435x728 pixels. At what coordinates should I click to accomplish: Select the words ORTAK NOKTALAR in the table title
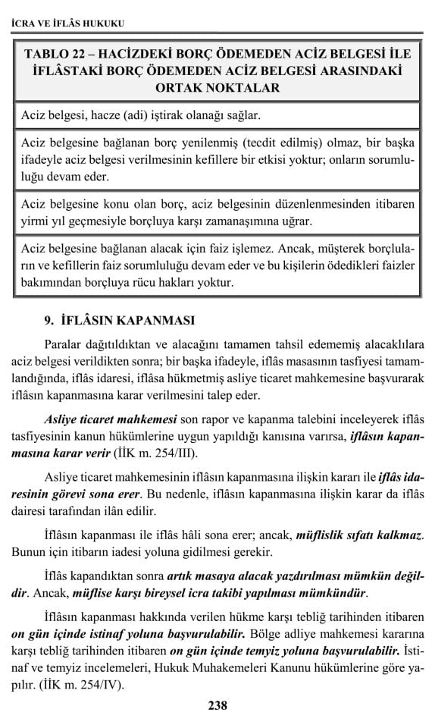pos(217,87)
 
